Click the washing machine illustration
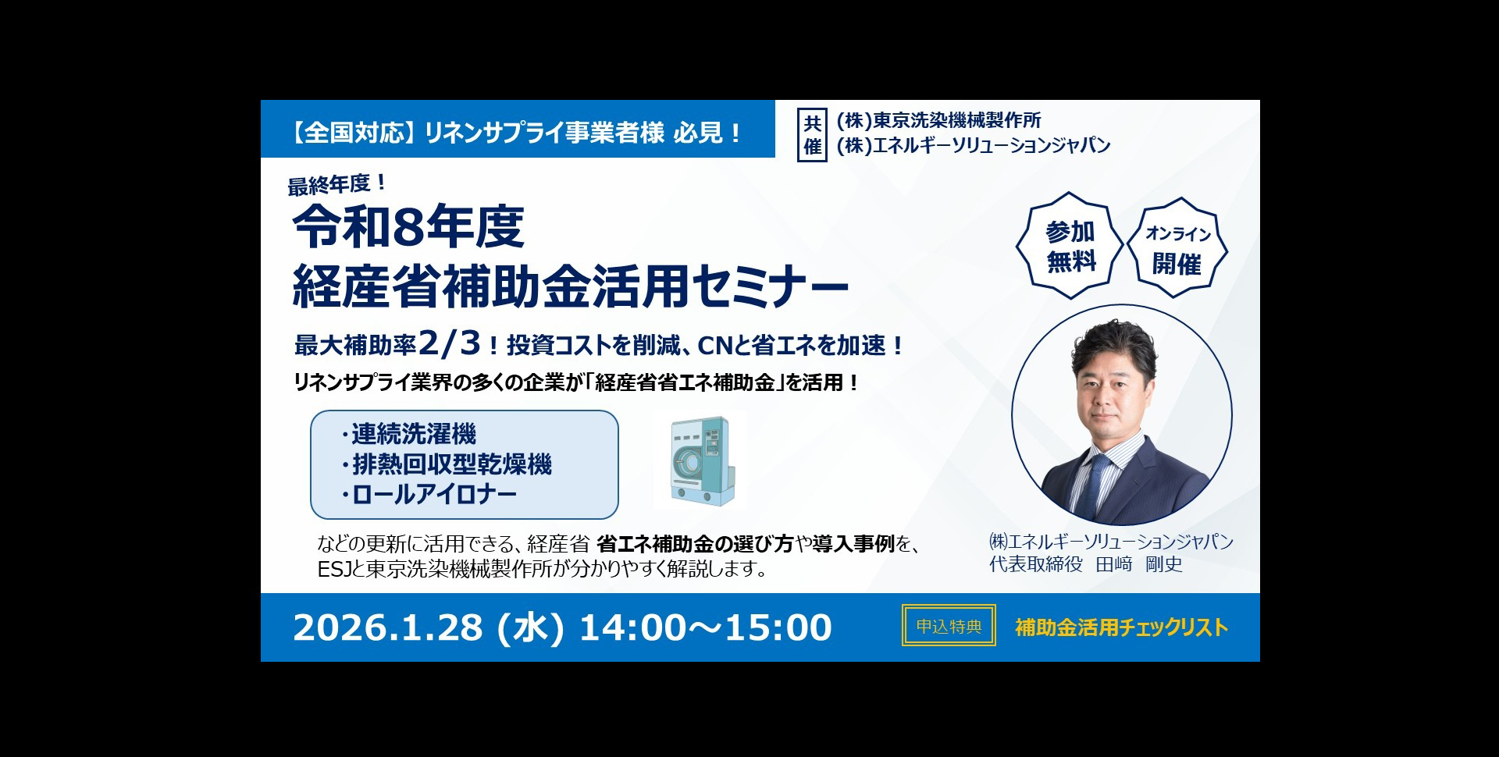700,461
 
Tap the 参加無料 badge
1070,246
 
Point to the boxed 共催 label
812,133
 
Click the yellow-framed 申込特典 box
949,626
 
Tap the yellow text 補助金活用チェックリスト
1121,627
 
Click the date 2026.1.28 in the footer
387,627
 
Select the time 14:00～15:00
705,627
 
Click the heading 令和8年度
408,228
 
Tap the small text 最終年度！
336,185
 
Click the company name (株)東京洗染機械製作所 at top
938,120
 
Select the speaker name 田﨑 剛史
1139,564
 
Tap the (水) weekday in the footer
531,627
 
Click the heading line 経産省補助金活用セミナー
570,286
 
